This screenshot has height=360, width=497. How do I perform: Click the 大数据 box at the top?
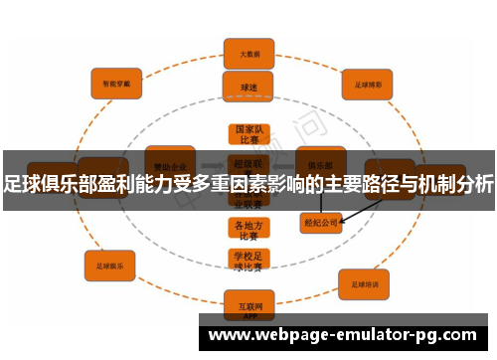[248, 51]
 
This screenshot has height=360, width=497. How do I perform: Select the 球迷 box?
[248, 87]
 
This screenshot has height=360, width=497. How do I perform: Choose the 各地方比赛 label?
[248, 230]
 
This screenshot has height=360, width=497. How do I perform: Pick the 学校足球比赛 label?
[248, 261]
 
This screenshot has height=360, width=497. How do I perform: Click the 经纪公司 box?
[321, 223]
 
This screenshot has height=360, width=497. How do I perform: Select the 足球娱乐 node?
[109, 266]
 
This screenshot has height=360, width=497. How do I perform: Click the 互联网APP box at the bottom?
[248, 303]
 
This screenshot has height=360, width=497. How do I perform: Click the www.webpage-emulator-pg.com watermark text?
[347, 335]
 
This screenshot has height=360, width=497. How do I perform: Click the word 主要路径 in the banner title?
[364, 183]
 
